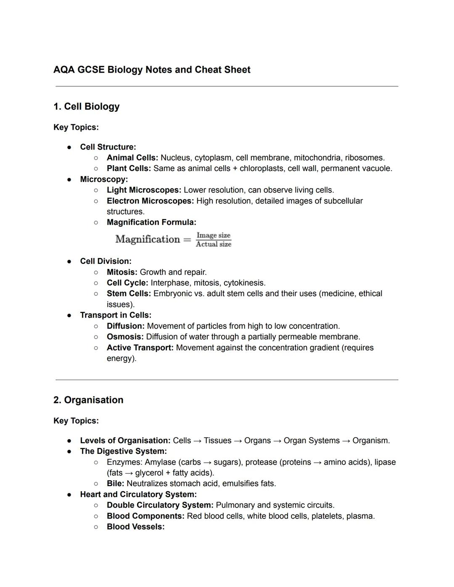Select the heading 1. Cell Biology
coord(86,107)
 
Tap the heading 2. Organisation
coord(88,400)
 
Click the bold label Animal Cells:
coord(132,158)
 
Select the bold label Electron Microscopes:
coord(150,201)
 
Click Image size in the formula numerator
coord(214,235)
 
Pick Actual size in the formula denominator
coord(214,245)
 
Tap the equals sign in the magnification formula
coord(187,240)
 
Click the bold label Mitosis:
coord(122,272)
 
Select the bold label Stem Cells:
coord(129,294)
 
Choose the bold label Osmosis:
coord(125,337)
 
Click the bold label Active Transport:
coord(140,348)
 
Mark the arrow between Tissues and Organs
coord(238,441)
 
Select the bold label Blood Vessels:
coord(135,527)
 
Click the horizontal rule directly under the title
coord(227,87)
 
